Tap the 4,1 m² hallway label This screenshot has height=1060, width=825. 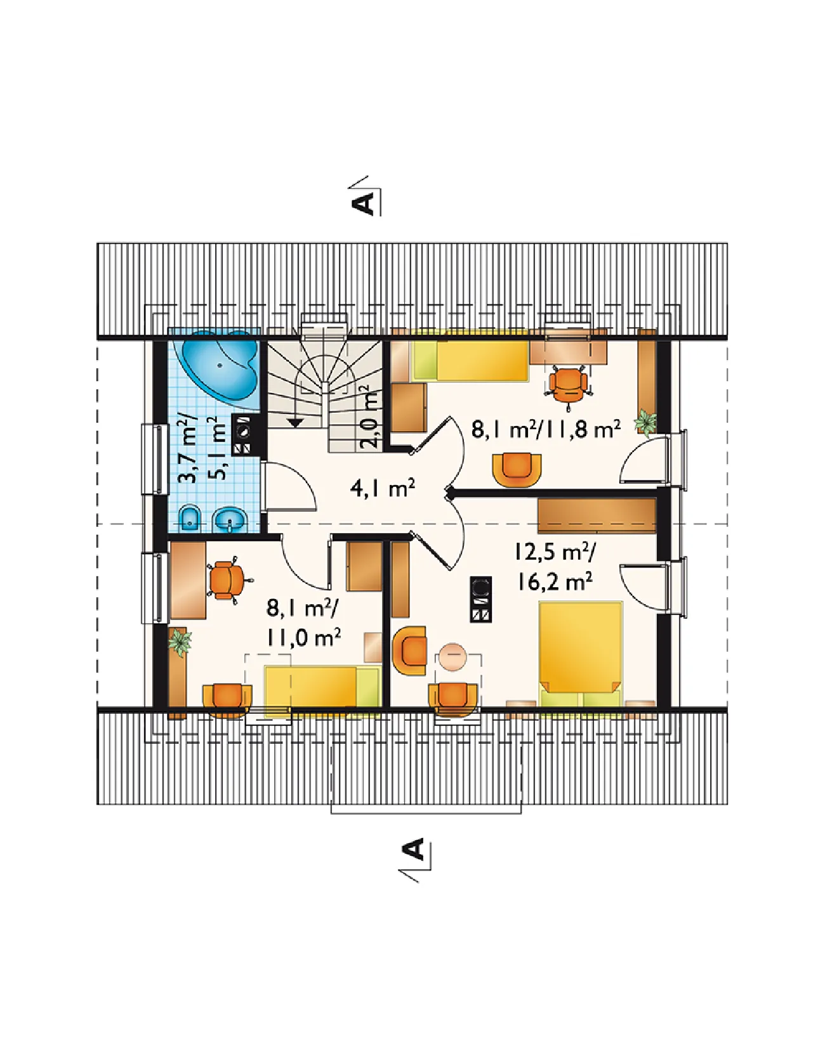(x=382, y=489)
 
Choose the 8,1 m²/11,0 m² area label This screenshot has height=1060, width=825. (x=303, y=623)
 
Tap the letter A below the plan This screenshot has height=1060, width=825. (x=413, y=849)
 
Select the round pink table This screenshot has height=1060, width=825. (x=453, y=657)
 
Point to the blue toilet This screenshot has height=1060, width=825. (x=190, y=518)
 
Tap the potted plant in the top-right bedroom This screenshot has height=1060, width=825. (x=646, y=422)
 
